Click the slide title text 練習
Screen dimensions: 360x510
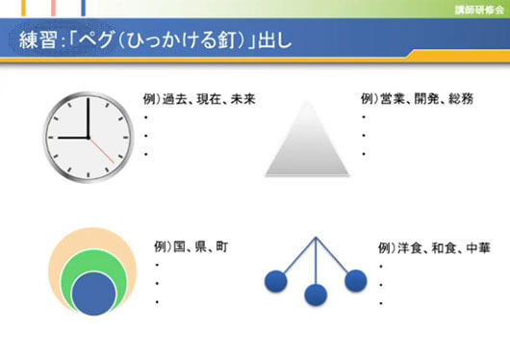[38, 40]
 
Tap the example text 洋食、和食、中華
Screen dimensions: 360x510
[433, 245]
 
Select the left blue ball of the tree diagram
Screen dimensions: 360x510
[276, 282]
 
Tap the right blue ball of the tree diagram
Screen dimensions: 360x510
[355, 280]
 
